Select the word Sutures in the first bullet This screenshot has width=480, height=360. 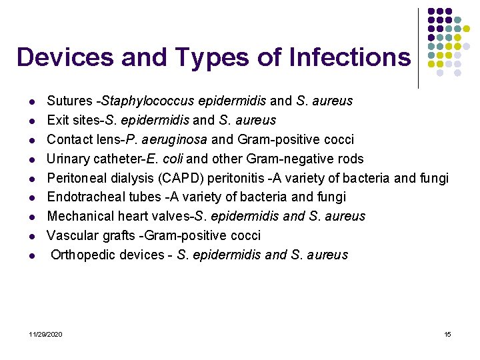pos(69,101)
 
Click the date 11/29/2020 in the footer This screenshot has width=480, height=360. pos(46,334)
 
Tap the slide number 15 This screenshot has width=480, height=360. pos(447,334)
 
